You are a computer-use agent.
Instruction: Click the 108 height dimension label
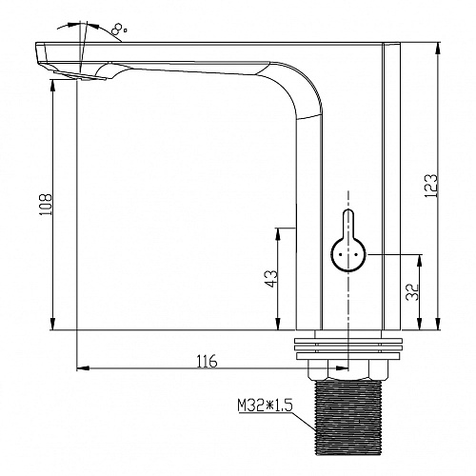pos(46,205)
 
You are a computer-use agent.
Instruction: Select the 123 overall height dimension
pos(431,186)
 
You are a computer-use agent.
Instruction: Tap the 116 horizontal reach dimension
pos(208,361)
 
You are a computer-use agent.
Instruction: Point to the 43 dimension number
pos(271,279)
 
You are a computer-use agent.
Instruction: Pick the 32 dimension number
pos(413,292)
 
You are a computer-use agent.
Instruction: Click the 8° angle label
pos(119,30)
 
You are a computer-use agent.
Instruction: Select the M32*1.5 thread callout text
pos(265,406)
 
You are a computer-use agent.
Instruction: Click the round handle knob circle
pos(348,254)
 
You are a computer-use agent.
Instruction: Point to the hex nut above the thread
pos(347,370)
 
